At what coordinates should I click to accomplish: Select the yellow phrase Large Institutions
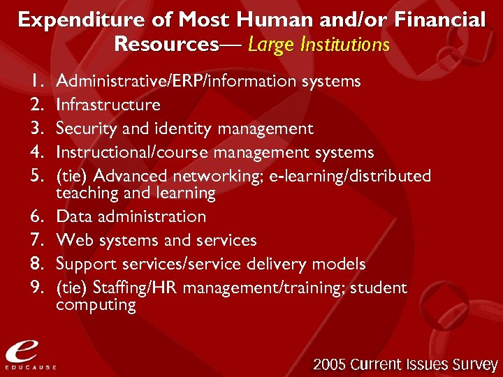click(319, 45)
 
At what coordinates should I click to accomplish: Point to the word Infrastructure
click(108, 105)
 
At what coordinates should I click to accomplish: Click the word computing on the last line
click(96, 305)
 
